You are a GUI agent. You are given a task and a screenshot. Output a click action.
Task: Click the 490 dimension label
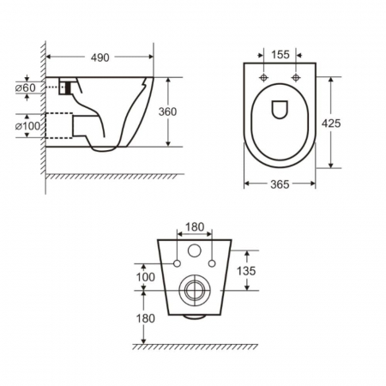tap(100, 57)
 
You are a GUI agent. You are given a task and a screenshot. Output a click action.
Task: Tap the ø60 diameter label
tap(26, 87)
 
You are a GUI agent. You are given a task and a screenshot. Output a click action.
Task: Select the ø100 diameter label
tap(27, 126)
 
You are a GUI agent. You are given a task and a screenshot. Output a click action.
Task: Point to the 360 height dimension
tap(167, 112)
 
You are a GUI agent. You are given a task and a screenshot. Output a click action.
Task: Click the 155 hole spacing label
tap(280, 54)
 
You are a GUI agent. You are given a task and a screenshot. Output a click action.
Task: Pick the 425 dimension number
tap(331, 124)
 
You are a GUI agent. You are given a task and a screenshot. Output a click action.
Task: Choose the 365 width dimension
tap(280, 184)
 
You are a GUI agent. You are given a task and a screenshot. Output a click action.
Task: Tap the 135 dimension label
tap(246, 270)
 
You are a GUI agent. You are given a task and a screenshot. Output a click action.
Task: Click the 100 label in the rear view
tap(146, 277)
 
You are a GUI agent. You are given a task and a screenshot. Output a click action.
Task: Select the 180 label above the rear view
tap(195, 227)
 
